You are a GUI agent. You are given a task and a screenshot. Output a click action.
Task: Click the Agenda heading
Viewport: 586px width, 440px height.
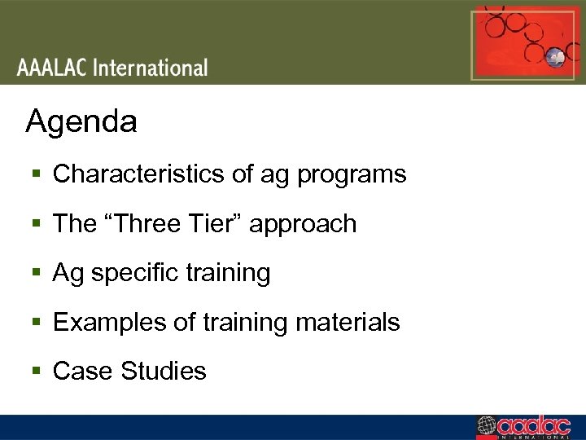pyautogui.click(x=81, y=123)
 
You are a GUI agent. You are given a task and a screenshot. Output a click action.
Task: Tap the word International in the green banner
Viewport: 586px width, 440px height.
pyautogui.click(x=151, y=67)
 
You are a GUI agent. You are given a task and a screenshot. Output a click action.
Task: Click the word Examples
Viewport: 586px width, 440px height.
pyautogui.click(x=104, y=323)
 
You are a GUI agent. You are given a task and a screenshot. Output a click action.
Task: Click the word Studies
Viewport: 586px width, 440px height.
pyautogui.click(x=164, y=372)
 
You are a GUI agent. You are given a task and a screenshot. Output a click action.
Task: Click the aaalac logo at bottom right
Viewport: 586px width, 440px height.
pyautogui.click(x=530, y=427)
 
